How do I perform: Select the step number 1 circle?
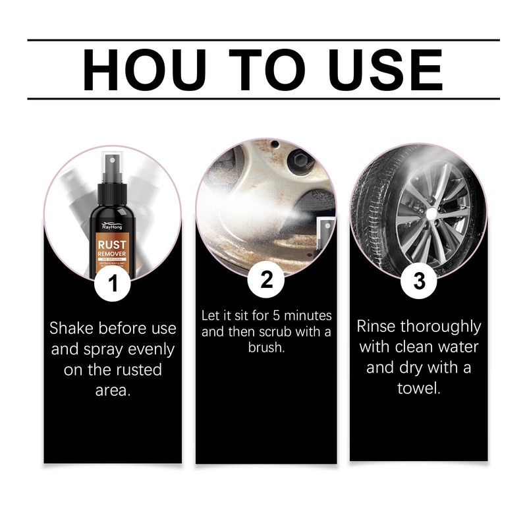(113, 283)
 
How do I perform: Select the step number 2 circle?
(266, 280)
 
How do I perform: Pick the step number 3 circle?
(419, 281)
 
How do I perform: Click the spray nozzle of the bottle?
(111, 161)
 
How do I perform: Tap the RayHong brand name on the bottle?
(111, 225)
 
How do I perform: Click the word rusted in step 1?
(138, 369)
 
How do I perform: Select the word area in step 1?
(112, 390)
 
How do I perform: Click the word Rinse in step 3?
(377, 326)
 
